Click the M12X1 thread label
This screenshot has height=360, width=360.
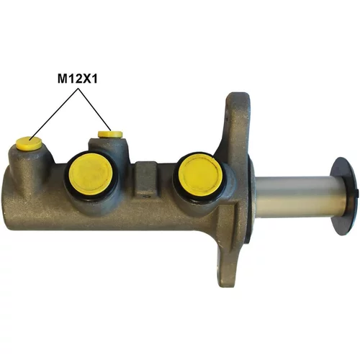[78, 78]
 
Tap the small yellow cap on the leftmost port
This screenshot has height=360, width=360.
[28, 143]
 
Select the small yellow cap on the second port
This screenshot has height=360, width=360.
[110, 134]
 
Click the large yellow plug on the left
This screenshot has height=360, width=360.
[91, 174]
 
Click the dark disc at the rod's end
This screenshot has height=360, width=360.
[345, 196]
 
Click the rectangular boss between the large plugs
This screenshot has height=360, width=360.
[146, 178]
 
